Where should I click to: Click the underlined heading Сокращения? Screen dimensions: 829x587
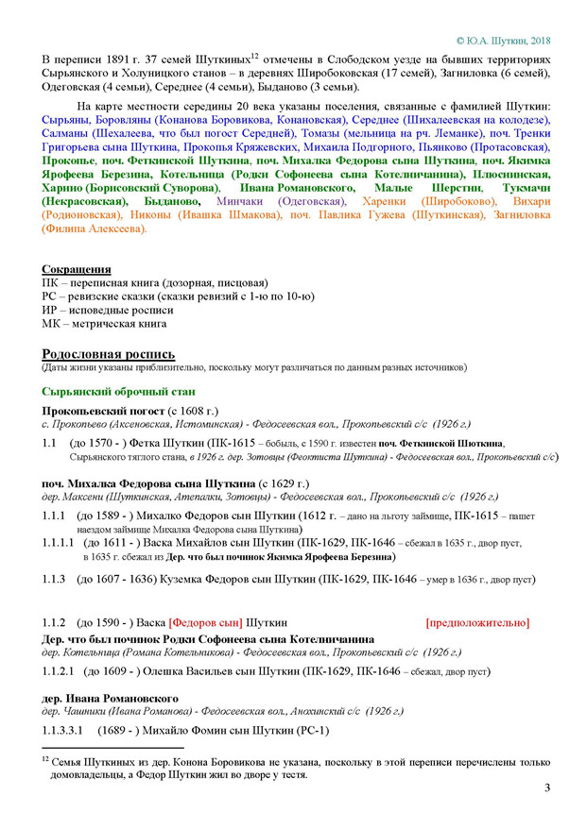[x=76, y=269]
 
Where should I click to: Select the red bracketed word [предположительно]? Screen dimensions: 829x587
[x=477, y=623]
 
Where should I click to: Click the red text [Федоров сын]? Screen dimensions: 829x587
[x=205, y=623]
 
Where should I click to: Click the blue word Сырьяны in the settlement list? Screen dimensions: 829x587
[x=66, y=121]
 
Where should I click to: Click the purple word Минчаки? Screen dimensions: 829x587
[x=241, y=201]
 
